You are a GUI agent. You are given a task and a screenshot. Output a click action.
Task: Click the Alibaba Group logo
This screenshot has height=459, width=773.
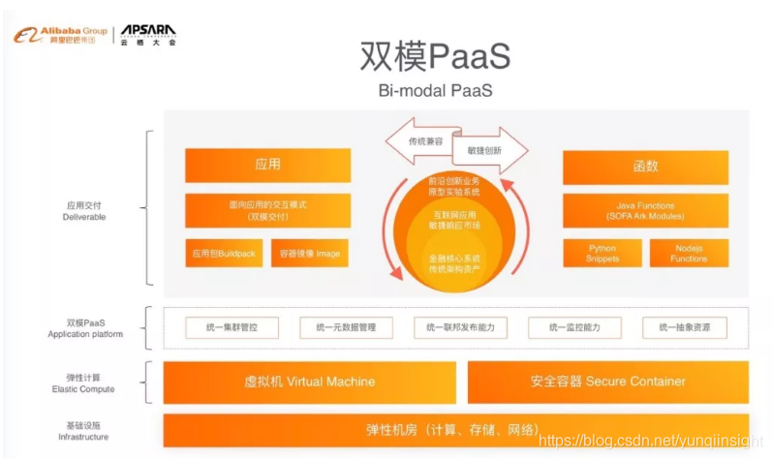(x=60, y=36)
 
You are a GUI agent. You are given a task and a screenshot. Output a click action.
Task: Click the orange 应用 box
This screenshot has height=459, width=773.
(x=267, y=166)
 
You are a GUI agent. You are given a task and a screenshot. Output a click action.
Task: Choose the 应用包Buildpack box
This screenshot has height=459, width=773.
(x=223, y=254)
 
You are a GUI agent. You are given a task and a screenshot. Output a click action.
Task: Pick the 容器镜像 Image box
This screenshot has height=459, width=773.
(x=309, y=254)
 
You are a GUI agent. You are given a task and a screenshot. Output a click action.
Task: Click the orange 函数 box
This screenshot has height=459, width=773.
(x=645, y=166)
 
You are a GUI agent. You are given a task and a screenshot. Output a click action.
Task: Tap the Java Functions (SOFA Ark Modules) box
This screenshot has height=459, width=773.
(x=645, y=210)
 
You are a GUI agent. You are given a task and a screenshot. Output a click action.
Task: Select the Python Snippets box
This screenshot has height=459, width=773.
(x=602, y=254)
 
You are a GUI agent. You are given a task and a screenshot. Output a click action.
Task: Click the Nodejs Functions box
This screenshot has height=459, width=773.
(x=688, y=254)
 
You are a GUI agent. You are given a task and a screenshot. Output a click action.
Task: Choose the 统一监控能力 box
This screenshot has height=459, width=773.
(x=574, y=328)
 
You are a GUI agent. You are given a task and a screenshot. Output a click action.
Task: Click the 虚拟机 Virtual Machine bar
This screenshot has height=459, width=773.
(x=309, y=382)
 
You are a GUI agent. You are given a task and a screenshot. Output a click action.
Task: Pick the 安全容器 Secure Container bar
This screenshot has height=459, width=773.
(x=607, y=382)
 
